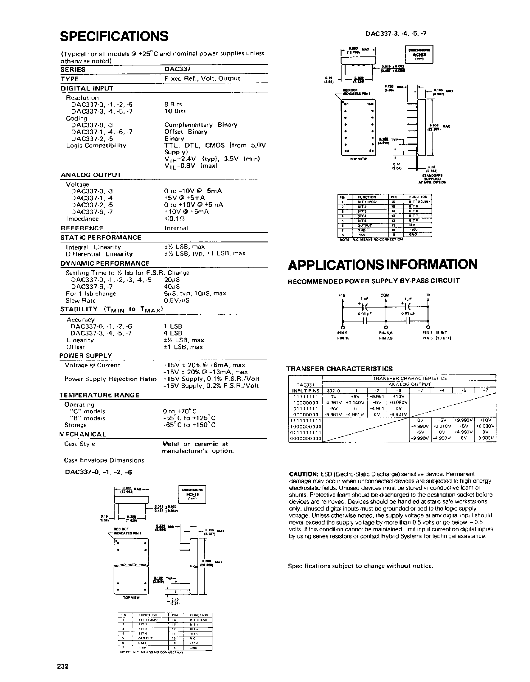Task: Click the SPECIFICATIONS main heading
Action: click(x=114, y=36)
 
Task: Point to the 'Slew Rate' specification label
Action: click(x=80, y=301)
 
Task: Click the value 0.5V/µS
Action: click(x=177, y=301)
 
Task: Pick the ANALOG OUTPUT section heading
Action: click(x=91, y=175)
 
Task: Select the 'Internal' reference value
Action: click(x=176, y=228)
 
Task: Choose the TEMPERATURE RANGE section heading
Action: click(x=99, y=395)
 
